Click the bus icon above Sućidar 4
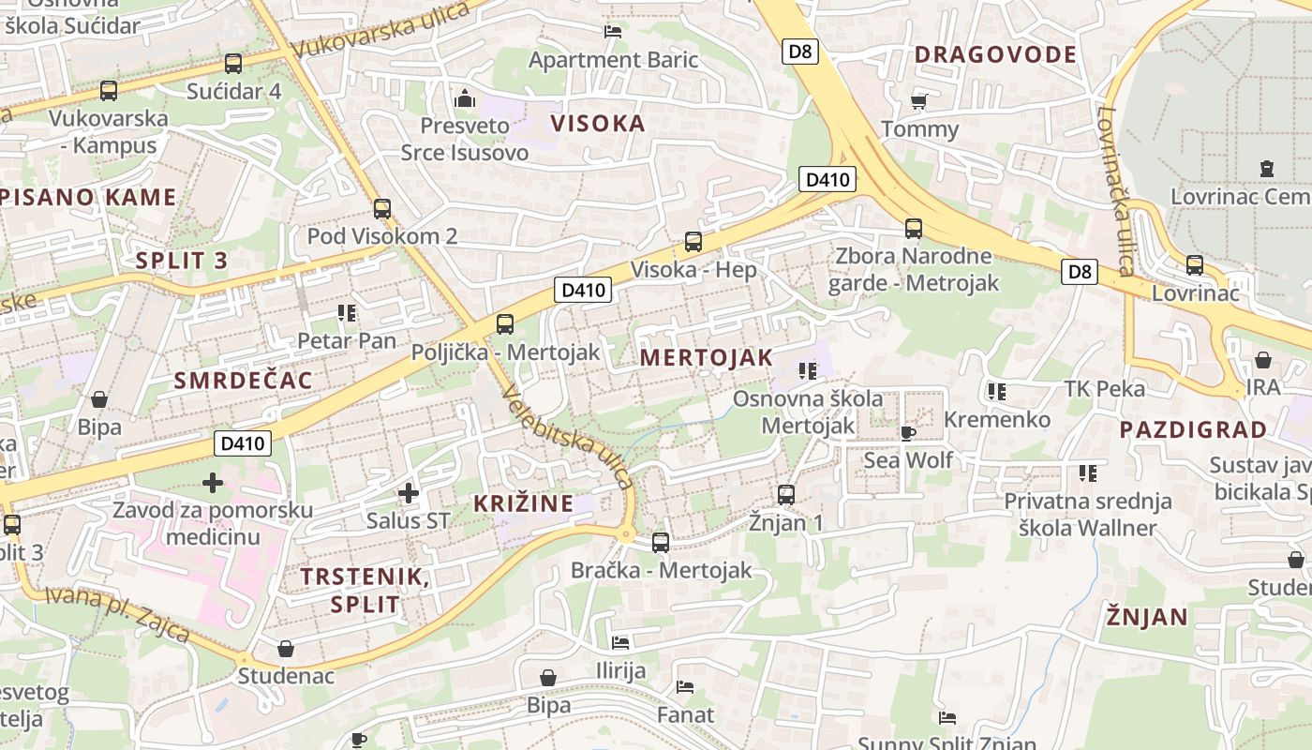(x=233, y=64)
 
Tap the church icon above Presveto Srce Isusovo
(x=464, y=97)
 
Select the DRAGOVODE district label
(x=995, y=54)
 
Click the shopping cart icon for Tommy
(x=919, y=101)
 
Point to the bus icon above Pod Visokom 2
(x=381, y=209)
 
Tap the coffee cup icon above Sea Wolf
(x=907, y=432)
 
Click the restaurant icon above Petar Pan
(x=347, y=312)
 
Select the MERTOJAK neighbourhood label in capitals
(x=707, y=357)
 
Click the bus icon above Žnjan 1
(x=786, y=494)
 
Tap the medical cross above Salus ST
(x=408, y=492)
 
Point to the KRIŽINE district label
(x=523, y=503)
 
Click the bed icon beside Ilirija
(x=620, y=643)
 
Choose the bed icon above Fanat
(x=685, y=687)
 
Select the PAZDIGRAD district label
(x=1193, y=430)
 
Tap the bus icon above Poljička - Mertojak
(x=505, y=324)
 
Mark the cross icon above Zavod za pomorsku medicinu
(x=213, y=483)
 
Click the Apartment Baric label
(x=614, y=60)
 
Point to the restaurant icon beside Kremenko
(x=996, y=392)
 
